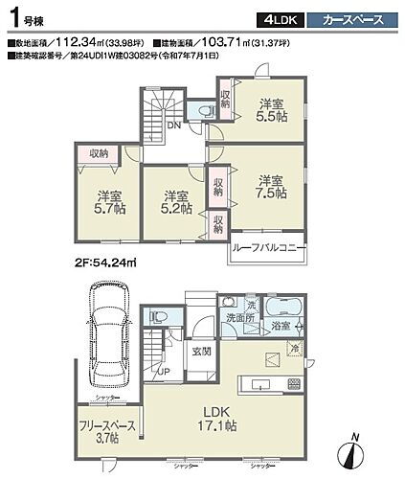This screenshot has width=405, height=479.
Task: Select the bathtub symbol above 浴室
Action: [x=284, y=308]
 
